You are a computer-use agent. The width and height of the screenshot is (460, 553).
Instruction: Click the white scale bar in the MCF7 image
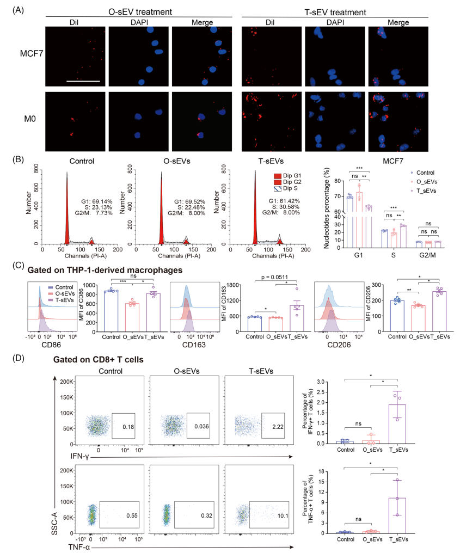point(83,81)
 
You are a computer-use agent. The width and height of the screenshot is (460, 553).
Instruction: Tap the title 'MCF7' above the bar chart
point(382,162)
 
